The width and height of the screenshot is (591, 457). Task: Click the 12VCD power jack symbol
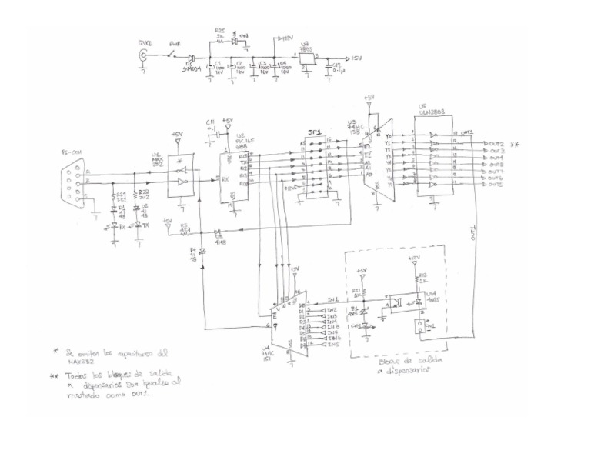142,57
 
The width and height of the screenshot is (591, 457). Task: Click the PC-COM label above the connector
72,153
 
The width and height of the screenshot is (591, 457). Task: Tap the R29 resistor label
120,195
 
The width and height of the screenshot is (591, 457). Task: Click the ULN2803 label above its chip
429,112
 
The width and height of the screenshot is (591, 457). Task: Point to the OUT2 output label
496,144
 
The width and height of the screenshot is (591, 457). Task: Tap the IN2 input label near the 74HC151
332,309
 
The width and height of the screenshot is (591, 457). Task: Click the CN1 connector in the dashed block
422,327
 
